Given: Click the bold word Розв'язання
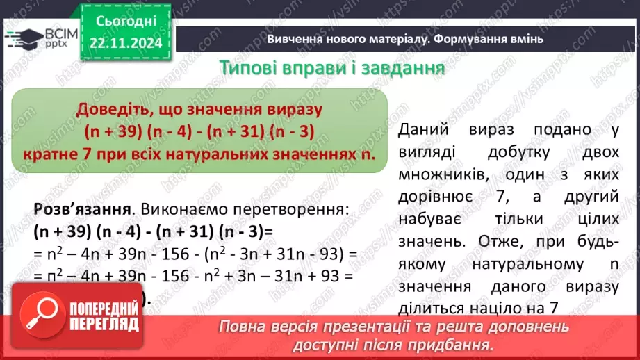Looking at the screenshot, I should click(x=83, y=208).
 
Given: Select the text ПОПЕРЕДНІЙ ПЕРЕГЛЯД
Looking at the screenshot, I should click(x=123, y=316).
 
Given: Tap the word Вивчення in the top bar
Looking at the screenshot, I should click(x=295, y=40).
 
